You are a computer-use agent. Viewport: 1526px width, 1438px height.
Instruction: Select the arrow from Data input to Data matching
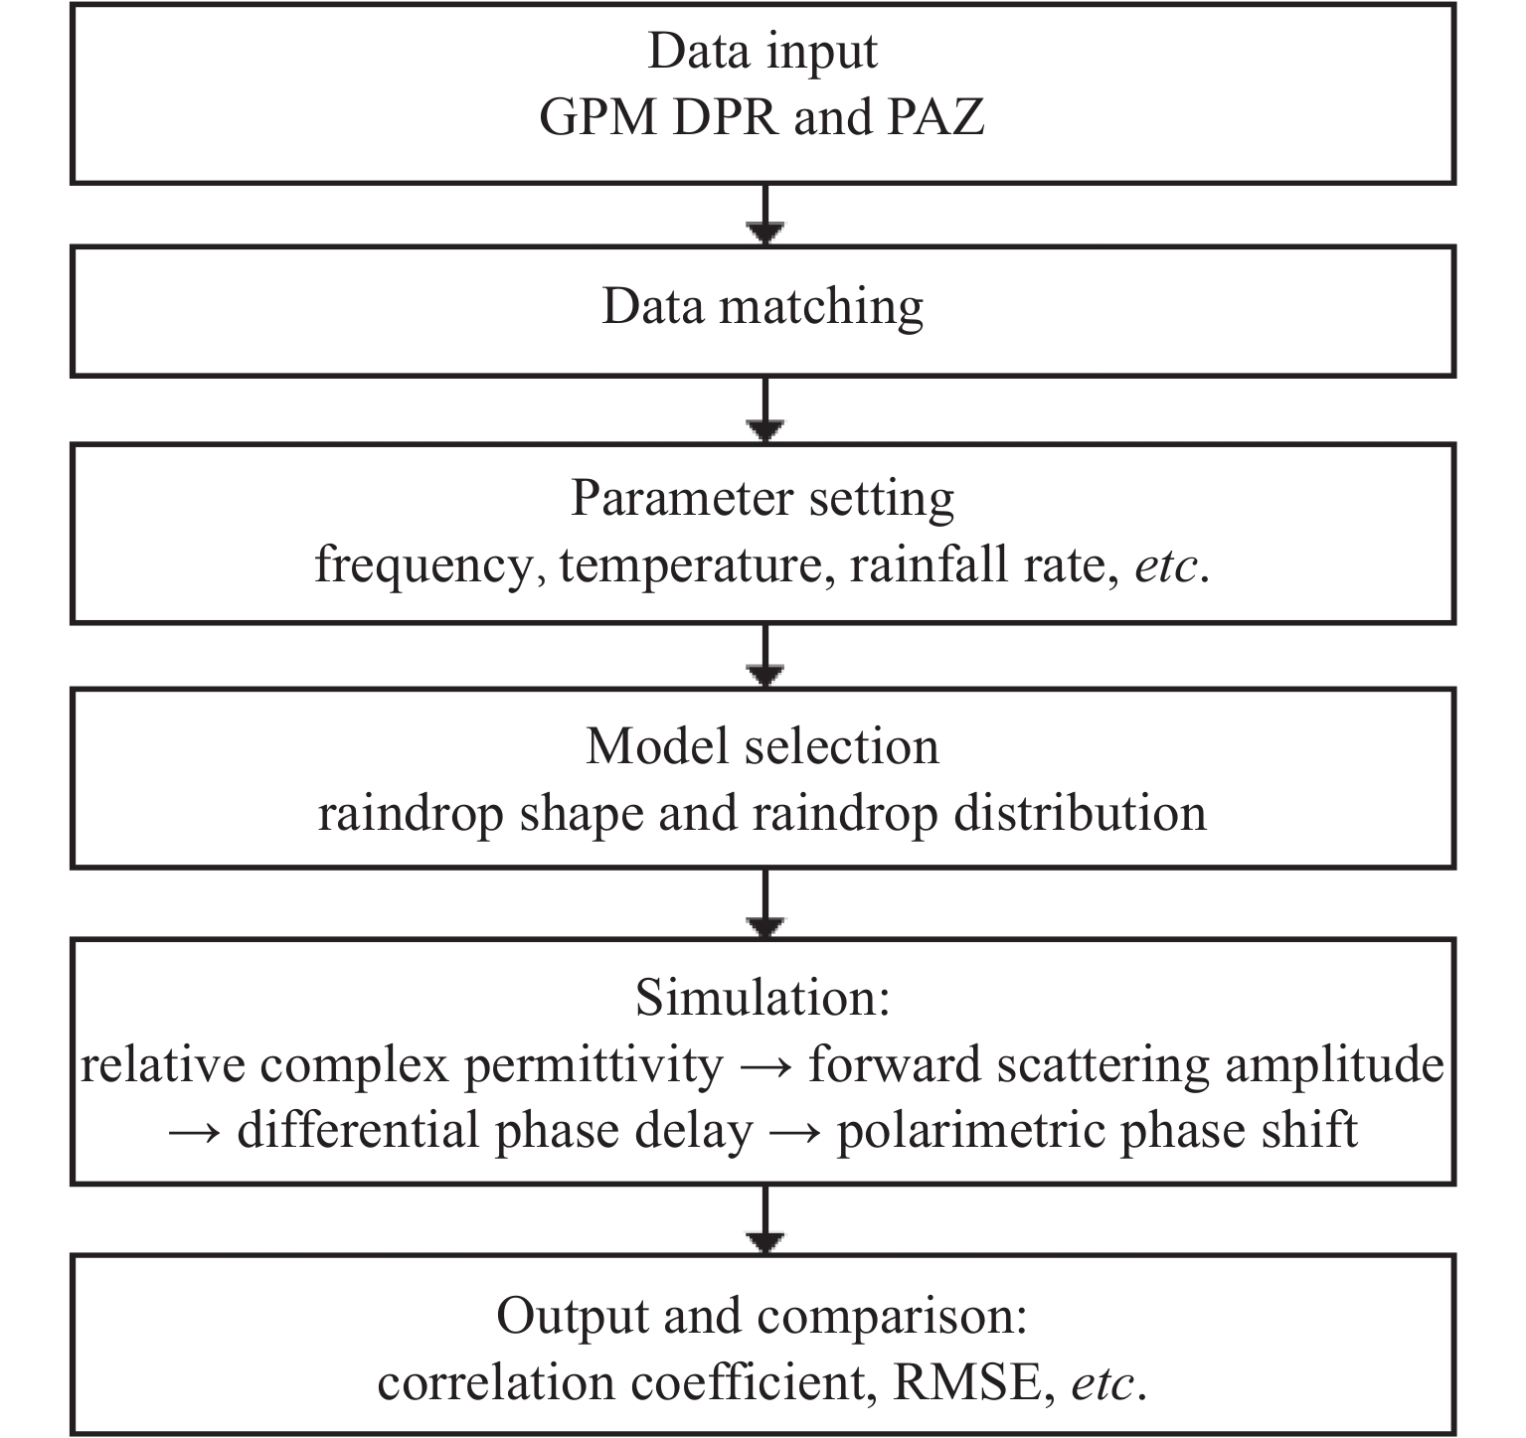point(763,215)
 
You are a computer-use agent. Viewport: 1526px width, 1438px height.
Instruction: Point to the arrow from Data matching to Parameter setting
point(763,409)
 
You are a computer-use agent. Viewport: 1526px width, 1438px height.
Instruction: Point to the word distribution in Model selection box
point(1081,813)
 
